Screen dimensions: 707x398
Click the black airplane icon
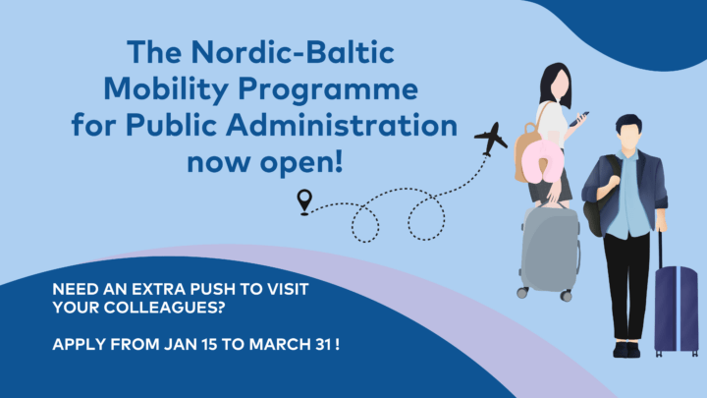pyautogui.click(x=491, y=139)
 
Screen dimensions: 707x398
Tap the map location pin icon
pyautogui.click(x=304, y=201)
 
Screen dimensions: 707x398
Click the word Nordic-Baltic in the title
pyautogui.click(x=293, y=52)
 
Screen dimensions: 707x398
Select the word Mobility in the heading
pyautogui.click(x=166, y=89)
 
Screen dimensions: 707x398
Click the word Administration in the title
pyautogui.click(x=342, y=125)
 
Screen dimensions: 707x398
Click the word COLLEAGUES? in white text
pyautogui.click(x=164, y=308)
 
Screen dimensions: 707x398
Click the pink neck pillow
pyautogui.click(x=541, y=161)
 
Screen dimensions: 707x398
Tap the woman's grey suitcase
pyautogui.click(x=550, y=251)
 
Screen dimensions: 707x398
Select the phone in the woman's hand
pyautogui.click(x=579, y=119)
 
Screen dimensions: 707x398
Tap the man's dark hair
pyautogui.click(x=628, y=122)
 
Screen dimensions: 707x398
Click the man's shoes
pyautogui.click(x=626, y=349)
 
